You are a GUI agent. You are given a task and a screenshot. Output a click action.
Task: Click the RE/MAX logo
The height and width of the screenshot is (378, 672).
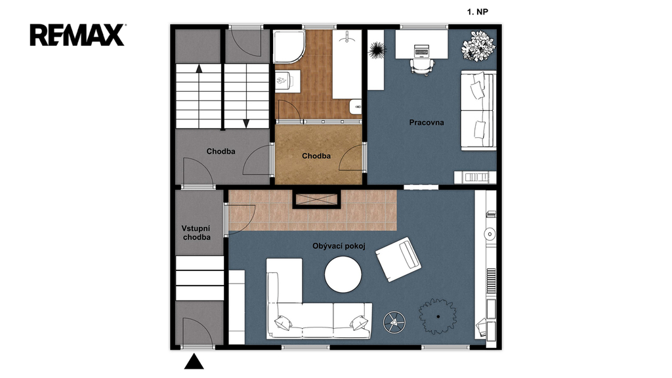[x=77, y=35]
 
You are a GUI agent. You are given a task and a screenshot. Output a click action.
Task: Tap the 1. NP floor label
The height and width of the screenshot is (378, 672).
[x=478, y=12]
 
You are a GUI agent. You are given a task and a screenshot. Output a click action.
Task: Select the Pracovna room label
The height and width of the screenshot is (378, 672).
[x=427, y=123]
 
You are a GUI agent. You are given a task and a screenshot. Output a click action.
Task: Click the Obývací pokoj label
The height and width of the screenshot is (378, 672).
[x=339, y=246]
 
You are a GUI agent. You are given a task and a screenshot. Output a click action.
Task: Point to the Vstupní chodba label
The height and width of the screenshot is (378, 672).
[x=196, y=233]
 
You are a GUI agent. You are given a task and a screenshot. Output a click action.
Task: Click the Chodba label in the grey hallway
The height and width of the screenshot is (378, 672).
[x=220, y=152]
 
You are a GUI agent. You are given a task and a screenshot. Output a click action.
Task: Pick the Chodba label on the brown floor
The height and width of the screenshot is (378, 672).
[x=316, y=156]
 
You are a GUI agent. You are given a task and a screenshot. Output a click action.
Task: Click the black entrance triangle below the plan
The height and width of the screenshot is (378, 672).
[x=194, y=362]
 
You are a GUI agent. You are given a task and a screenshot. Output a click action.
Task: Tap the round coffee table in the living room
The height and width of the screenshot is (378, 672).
[x=343, y=275]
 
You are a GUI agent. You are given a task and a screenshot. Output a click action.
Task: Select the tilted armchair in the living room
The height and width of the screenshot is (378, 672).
[x=398, y=259]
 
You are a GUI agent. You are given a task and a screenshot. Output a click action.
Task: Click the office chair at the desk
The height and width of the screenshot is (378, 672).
[x=422, y=66]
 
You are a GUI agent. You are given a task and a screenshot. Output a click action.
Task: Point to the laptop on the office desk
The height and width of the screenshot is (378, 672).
[x=422, y=51]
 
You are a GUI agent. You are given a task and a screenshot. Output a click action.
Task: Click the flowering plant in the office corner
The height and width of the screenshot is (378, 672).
[x=478, y=46]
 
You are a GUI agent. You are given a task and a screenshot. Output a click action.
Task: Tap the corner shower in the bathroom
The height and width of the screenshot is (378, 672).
[x=289, y=47]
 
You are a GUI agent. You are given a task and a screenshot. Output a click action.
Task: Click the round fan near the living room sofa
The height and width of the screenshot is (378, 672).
[x=394, y=322]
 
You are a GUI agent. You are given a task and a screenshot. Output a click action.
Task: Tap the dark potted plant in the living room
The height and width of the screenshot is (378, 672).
[x=438, y=316]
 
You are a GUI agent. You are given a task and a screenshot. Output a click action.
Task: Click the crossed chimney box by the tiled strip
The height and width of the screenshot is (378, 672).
[x=316, y=199]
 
